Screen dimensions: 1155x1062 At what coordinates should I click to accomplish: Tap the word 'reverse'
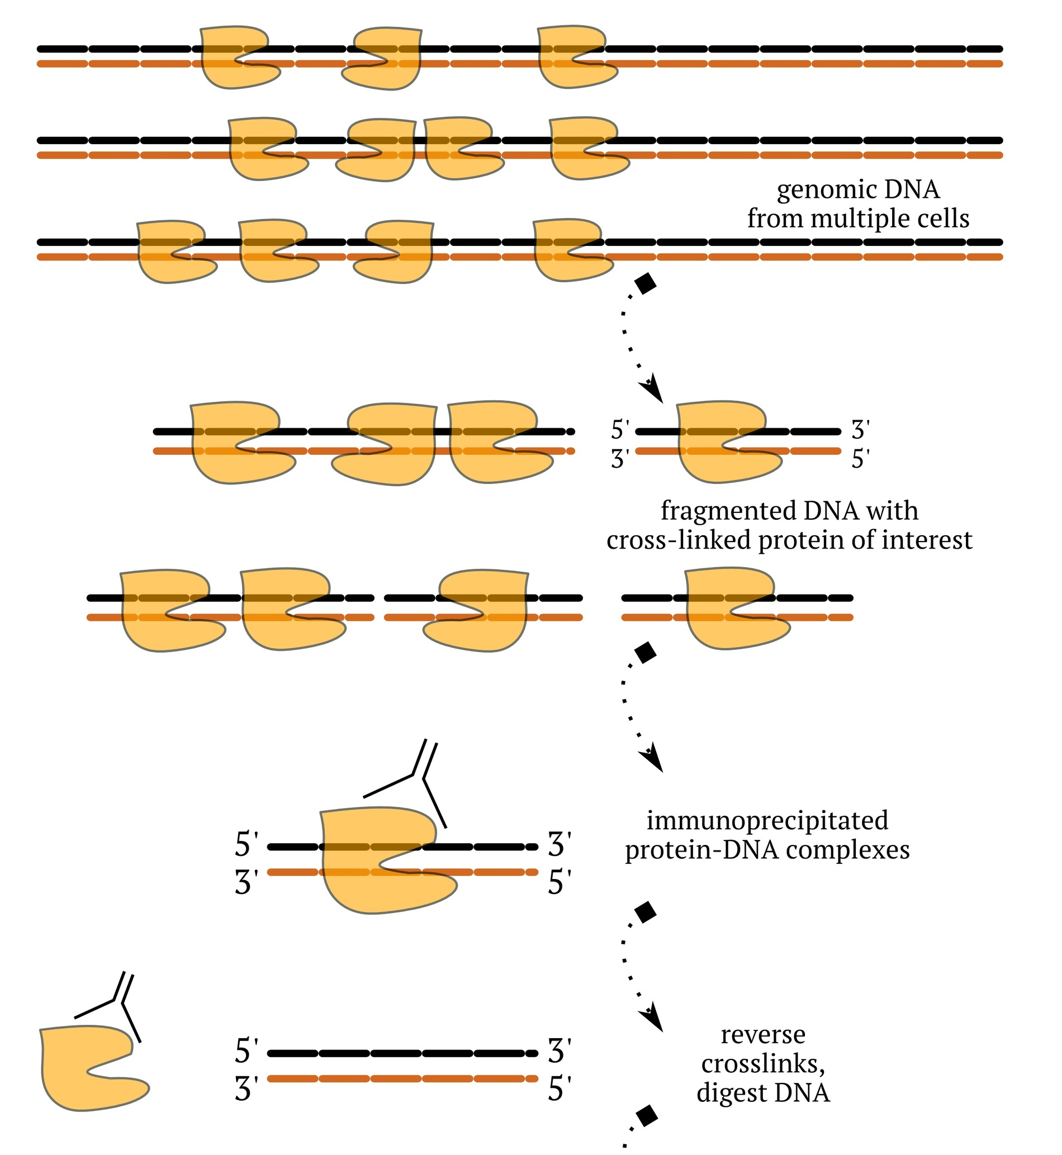pyautogui.click(x=762, y=1035)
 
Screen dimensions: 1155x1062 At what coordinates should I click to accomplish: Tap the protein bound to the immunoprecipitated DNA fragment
pyautogui.click(x=380, y=862)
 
